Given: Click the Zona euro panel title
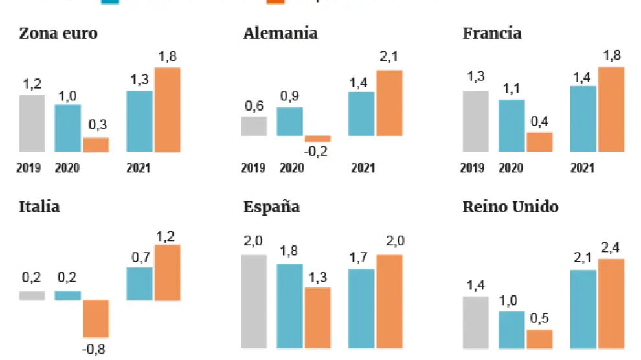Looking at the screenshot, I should [58, 33].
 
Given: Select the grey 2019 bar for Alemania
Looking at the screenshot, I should [254, 126].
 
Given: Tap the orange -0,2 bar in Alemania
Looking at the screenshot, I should [318, 139].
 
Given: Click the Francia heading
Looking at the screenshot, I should [492, 33].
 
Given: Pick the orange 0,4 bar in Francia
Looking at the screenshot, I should [539, 142].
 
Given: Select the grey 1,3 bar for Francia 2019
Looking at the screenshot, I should [476, 121].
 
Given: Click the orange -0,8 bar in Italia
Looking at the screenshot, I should [95, 319].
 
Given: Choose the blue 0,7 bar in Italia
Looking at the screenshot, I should [139, 284].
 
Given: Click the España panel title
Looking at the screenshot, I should [271, 207].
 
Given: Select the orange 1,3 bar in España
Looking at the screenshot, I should [317, 318].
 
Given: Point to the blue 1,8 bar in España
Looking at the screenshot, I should [289, 306].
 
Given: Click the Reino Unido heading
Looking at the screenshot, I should [511, 207].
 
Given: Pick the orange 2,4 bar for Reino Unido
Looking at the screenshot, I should [611, 304].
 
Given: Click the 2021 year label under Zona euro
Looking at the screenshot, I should [138, 168].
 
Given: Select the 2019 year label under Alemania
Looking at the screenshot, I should [253, 168].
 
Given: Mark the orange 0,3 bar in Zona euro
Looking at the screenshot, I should [96, 144].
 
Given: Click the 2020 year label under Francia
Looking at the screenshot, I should [512, 168].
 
